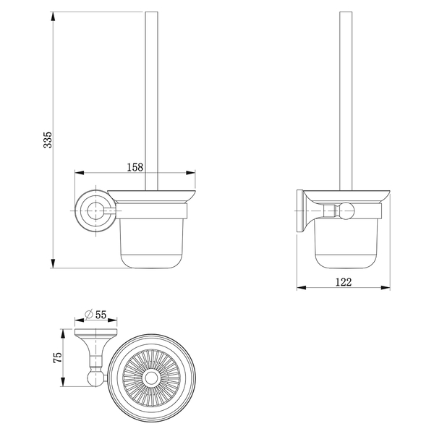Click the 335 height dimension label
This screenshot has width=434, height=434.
click(x=48, y=140)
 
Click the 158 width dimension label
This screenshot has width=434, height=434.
click(x=135, y=167)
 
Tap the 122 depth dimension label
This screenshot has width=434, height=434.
click(x=344, y=282)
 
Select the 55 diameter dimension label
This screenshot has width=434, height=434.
click(x=101, y=315)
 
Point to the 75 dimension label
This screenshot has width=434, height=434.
click(x=58, y=357)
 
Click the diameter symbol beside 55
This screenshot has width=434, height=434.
click(x=89, y=315)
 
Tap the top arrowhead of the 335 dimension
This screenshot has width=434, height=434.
click(x=53, y=16)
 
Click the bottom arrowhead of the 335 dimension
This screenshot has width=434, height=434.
click(x=53, y=263)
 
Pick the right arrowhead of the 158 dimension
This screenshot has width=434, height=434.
click(x=191, y=173)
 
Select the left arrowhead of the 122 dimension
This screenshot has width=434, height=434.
click(x=302, y=288)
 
